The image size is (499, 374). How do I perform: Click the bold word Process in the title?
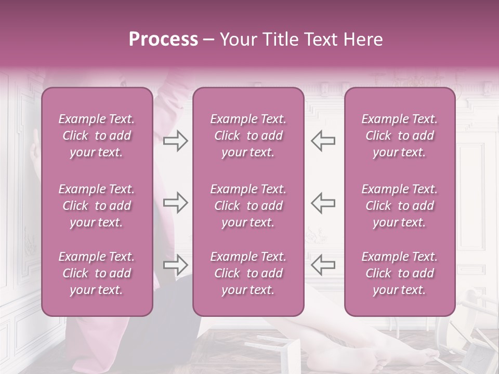163,39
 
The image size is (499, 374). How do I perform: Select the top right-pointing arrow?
176,141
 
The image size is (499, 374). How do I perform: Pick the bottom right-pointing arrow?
176,264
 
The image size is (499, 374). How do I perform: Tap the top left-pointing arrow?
323,141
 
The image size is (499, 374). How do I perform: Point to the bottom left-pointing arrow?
323,264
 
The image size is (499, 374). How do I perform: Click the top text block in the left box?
97,136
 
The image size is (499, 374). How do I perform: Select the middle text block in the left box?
97,206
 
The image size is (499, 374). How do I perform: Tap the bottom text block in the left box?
97,273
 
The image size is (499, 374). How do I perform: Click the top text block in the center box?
248,136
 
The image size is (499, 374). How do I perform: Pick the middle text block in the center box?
248,206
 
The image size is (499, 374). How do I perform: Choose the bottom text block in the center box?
248,273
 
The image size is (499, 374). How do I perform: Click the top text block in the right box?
399,136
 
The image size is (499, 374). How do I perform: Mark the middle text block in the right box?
399,206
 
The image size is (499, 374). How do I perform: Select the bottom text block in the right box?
399,273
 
